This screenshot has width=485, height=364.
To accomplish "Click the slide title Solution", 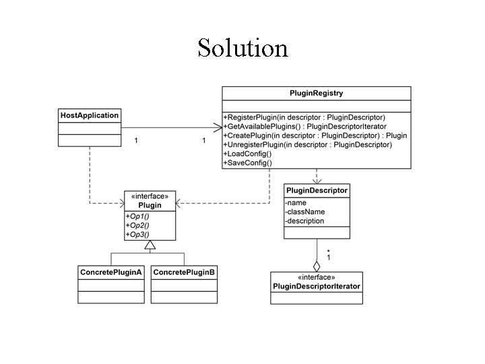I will pyautogui.click(x=243, y=48).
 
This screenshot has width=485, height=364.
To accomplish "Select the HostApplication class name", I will pyautogui.click(x=90, y=115).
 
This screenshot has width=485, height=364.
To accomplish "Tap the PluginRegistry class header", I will pyautogui.click(x=316, y=92).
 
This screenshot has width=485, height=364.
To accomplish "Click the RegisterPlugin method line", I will pyautogui.click(x=304, y=117).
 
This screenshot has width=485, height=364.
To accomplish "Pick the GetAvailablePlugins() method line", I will pyautogui.click(x=304, y=127).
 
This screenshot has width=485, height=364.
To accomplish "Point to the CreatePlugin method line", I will pyautogui.click(x=315, y=135).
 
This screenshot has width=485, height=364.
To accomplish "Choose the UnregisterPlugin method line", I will pyautogui.click(x=307, y=145).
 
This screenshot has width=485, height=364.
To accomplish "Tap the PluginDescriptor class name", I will pyautogui.click(x=317, y=191).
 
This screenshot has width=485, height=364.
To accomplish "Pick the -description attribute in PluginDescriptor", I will pyautogui.click(x=304, y=220).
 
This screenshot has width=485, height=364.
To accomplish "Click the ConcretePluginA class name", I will pyautogui.click(x=111, y=272).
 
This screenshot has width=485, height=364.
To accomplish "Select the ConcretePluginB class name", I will pyautogui.click(x=184, y=272).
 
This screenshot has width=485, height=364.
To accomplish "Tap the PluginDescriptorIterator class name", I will pyautogui.click(x=317, y=286).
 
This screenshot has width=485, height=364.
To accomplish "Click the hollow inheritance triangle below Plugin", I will pyautogui.click(x=150, y=247).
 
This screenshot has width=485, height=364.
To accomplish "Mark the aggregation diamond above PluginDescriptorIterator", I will pyautogui.click(x=317, y=265).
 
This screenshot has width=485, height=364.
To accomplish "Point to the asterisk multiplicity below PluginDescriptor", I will pyautogui.click(x=328, y=251).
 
